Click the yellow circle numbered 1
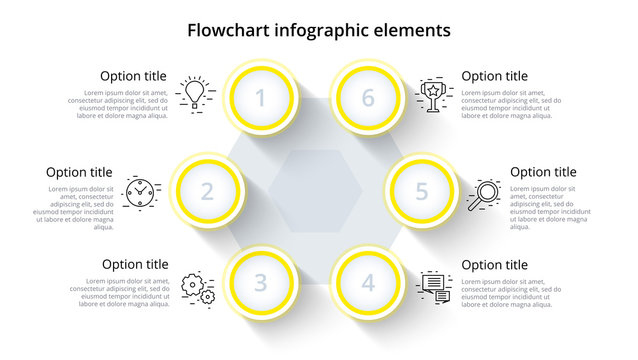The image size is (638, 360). pos(262,98)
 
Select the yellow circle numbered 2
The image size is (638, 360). pos(207,190)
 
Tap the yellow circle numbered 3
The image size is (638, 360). pos(260,283)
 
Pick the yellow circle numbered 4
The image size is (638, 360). pos(368,283)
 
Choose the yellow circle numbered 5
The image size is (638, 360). pos(422,190)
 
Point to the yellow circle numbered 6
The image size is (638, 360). pos(368,98)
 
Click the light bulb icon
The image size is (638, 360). pos(194,92)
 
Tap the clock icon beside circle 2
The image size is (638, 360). pos(142,190)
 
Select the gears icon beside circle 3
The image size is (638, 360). pos(197,289)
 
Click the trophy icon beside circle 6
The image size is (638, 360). pos(434,93)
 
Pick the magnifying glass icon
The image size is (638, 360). pos(484,193)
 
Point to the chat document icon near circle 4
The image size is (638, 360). pos(434,286)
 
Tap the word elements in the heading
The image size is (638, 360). pos(412,30)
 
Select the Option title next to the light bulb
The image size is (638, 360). pos(134,76)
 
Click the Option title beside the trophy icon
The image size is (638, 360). pos(494,76)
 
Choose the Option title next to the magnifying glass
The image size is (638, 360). pos(543,172)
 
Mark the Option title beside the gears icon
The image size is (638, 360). pos(134,265)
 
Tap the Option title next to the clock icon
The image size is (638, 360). pos(79,172)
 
